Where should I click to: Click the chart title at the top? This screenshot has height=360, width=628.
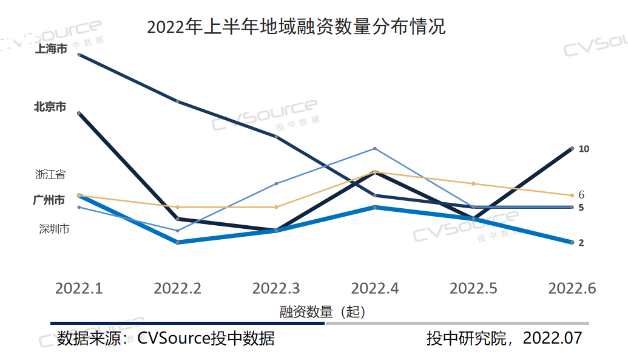[296, 27]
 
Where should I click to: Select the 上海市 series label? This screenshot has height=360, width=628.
[50, 49]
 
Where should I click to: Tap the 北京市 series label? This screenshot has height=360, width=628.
[50, 107]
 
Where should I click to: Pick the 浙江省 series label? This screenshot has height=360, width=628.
[50, 174]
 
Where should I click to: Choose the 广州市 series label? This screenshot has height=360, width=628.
[49, 200]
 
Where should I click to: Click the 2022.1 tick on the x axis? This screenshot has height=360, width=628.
[79, 288]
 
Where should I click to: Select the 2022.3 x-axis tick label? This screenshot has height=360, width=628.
[276, 288]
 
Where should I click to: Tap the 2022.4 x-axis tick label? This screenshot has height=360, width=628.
[375, 288]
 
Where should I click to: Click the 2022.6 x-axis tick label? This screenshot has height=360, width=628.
[572, 288]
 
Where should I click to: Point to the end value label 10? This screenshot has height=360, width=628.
[584, 149]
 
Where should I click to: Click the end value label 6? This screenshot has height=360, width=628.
[581, 195]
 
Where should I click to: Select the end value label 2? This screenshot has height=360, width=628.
[581, 243]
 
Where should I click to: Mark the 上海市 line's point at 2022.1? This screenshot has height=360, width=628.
[79, 55]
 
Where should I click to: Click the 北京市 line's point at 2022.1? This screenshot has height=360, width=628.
[79, 113]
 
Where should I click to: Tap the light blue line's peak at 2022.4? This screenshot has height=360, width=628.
[375, 149]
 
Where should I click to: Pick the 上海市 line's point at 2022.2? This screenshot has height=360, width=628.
[178, 101]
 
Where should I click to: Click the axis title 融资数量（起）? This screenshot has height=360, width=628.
[323, 312]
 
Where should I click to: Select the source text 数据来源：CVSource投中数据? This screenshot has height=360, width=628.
[166, 338]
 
